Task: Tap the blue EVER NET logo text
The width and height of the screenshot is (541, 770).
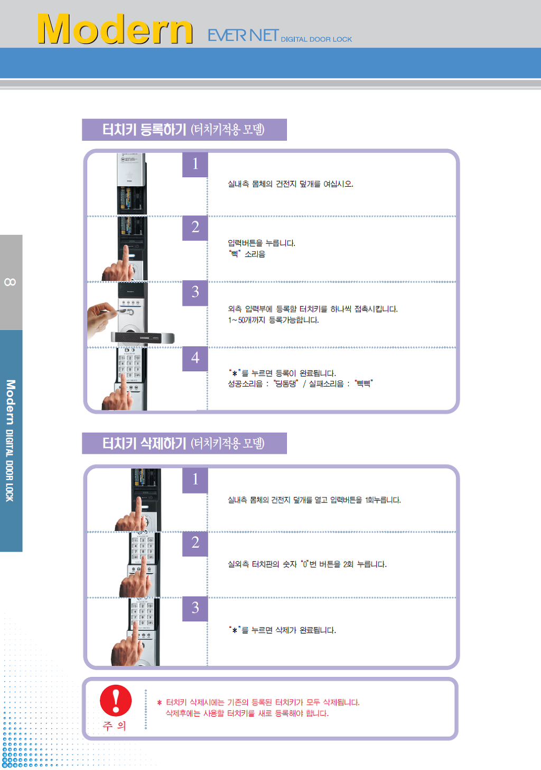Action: [x=243, y=35]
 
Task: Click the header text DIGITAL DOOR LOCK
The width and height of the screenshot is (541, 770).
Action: [x=316, y=39]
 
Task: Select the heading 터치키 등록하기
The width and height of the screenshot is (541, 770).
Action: [x=144, y=130]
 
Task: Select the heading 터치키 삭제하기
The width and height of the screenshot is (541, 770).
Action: [x=144, y=443]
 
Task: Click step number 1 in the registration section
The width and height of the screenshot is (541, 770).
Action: [x=195, y=164]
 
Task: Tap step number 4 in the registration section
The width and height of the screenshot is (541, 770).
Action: [x=195, y=358]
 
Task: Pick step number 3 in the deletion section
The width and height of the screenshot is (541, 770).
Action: [x=195, y=608]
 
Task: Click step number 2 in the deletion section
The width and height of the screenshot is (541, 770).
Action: [x=195, y=543]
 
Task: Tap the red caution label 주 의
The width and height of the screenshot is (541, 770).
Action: [x=115, y=726]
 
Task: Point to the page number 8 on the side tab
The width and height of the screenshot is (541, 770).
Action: [x=10, y=282]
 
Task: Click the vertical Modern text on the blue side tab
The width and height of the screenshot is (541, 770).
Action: [x=11, y=402]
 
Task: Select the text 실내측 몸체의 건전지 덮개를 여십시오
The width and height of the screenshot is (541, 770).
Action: [x=290, y=184]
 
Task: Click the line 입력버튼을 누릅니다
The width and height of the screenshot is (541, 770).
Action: [x=262, y=243]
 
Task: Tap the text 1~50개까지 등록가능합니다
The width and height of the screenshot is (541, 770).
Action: [x=274, y=320]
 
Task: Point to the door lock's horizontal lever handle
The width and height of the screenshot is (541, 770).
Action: [x=143, y=338]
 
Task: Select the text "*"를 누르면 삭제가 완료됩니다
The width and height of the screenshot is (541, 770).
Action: [x=282, y=630]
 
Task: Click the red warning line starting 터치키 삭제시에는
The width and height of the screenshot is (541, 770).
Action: [x=263, y=702]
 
